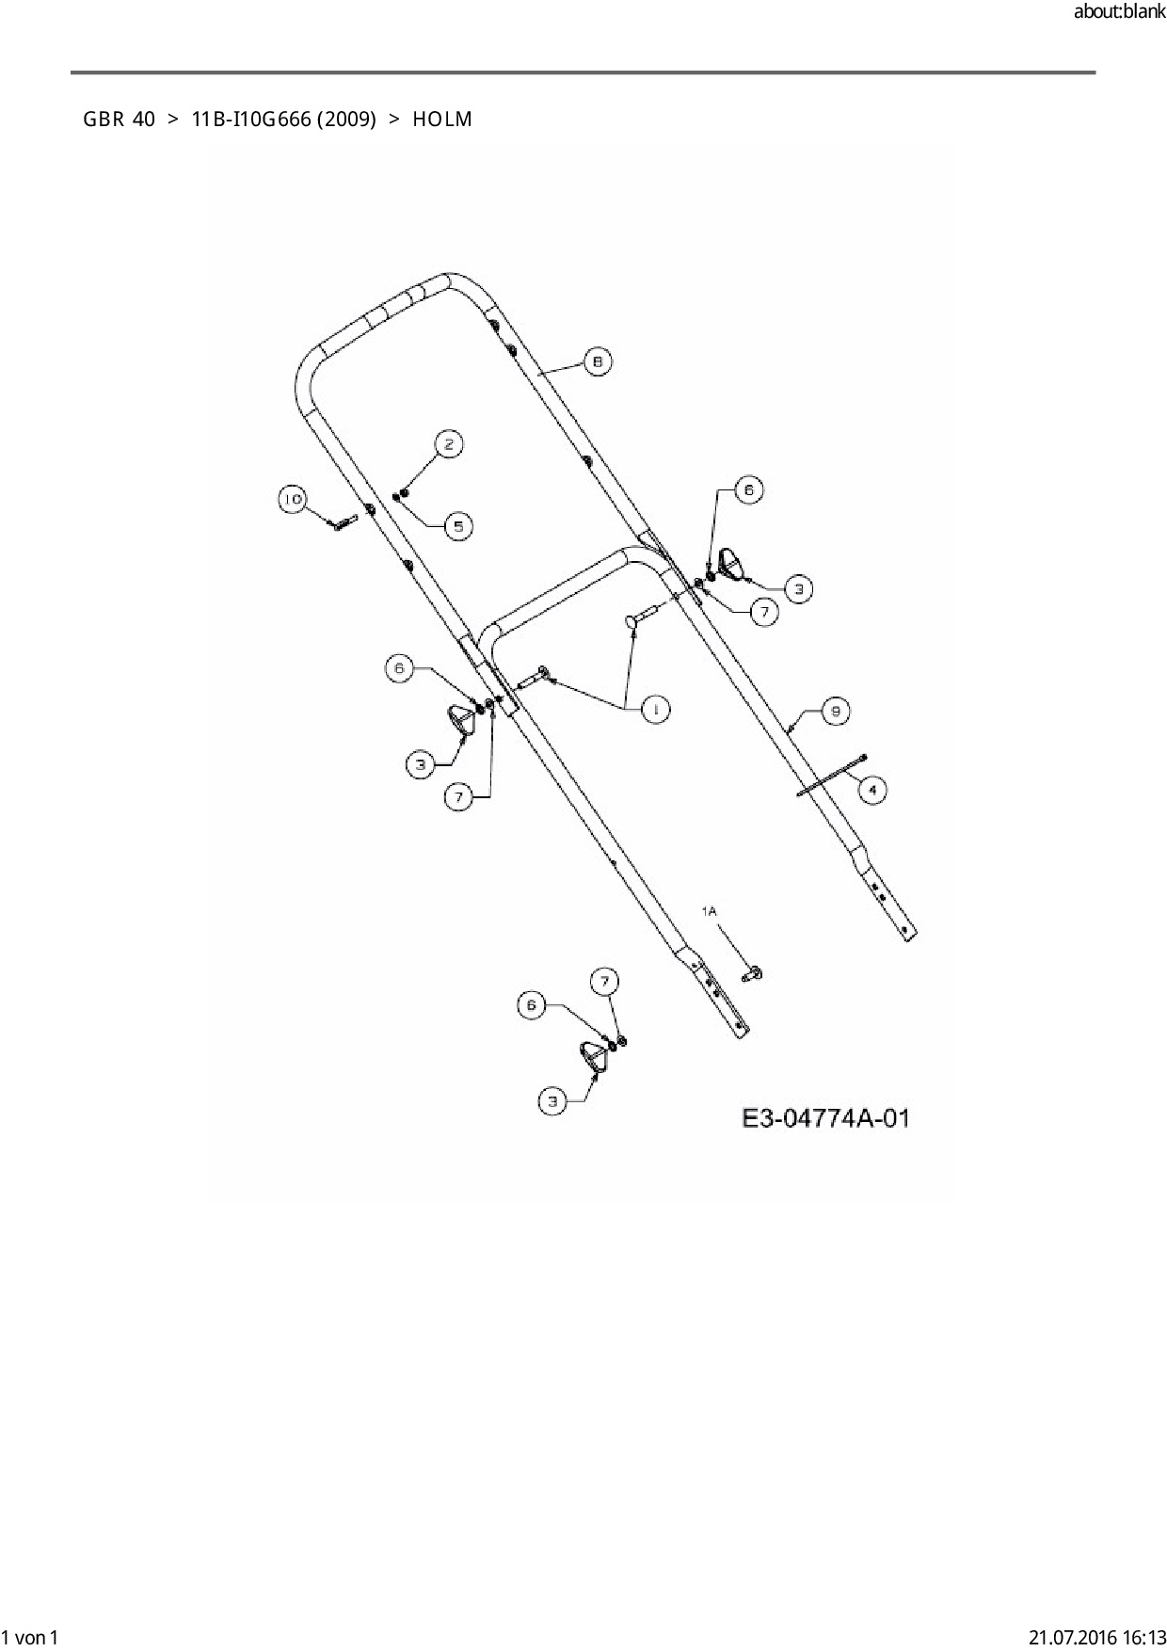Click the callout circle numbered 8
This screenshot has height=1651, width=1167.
(x=597, y=361)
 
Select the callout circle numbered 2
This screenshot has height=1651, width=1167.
(x=449, y=444)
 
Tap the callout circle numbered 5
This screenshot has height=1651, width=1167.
(x=458, y=525)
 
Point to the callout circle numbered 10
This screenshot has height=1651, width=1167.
(x=293, y=499)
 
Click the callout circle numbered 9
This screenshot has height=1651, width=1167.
(x=836, y=711)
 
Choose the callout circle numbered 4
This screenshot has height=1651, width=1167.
(x=872, y=789)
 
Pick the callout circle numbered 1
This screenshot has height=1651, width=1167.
(x=655, y=709)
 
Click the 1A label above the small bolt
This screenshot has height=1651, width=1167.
(x=709, y=910)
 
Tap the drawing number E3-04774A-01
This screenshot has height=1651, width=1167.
(x=824, y=1118)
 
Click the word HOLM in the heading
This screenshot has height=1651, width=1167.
(x=441, y=120)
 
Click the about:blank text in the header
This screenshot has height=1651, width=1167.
(x=1118, y=13)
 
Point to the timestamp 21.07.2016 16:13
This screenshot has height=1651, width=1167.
(x=1096, y=1637)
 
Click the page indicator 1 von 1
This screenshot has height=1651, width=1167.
(x=30, y=1637)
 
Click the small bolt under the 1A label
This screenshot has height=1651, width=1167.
(x=752, y=972)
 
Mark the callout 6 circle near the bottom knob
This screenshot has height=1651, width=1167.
(x=532, y=1005)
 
